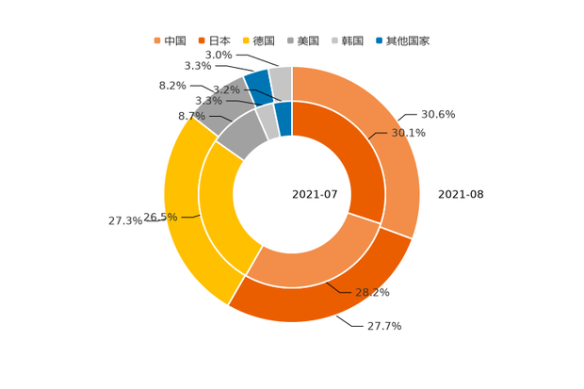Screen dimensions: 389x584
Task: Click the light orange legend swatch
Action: click(x=157, y=41)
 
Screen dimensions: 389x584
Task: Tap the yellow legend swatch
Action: click(x=246, y=41)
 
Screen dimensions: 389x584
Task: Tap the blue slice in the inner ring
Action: click(x=283, y=118)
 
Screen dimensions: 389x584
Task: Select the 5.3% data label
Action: click(x=207, y=101)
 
